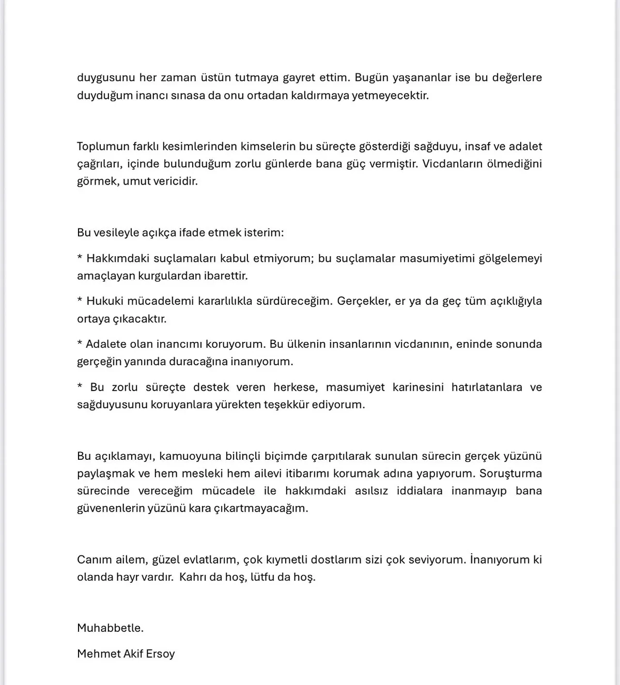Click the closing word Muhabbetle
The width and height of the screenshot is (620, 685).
(110, 628)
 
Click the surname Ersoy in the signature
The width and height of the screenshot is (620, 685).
(160, 654)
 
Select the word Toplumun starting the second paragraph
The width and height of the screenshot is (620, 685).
(101, 146)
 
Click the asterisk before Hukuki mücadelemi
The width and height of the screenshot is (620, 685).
(79, 300)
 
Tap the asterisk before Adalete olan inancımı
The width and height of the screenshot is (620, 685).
(79, 343)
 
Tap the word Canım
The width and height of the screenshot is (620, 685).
(93, 560)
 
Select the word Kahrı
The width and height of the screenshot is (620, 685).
(192, 577)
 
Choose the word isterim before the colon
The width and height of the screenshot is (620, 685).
(264, 233)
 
